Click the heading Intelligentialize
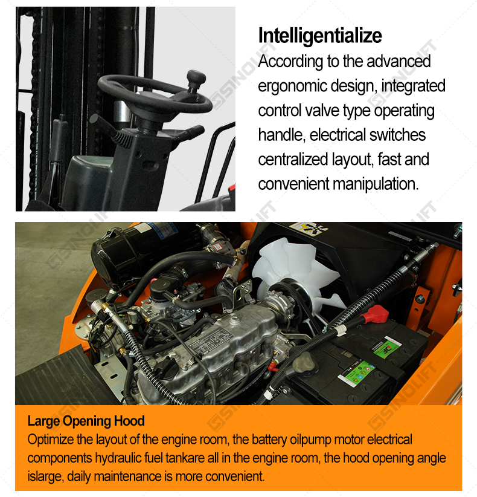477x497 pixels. tap(320, 36)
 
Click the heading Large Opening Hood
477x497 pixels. tap(86, 421)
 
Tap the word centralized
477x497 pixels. tap(293, 160)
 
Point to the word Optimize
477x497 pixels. tap(50, 440)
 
